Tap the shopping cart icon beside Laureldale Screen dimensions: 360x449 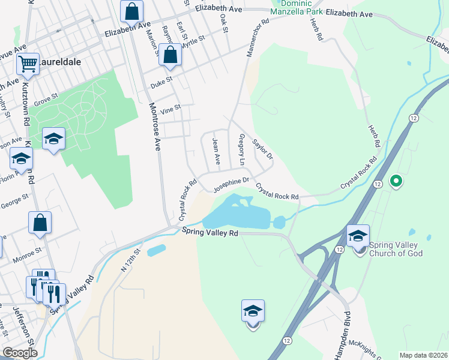[28, 63]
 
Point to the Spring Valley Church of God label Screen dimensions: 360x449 [396, 249]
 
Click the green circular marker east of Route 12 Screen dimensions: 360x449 [396, 180]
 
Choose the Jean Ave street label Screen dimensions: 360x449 [216, 152]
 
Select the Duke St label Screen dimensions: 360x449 [161, 82]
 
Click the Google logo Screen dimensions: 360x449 [20, 353]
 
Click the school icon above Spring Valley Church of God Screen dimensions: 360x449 [358, 235]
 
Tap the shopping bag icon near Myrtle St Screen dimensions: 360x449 [171, 55]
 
